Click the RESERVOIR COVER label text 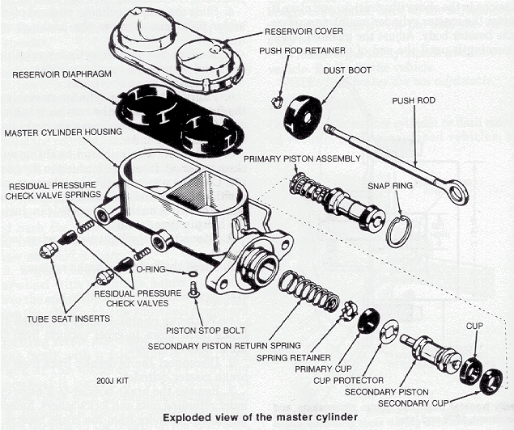coord(304,32)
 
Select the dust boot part coord(302,116)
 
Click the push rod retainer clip coord(277,101)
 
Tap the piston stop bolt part coord(193,289)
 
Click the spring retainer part coord(349,310)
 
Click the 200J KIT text coord(112,379)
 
